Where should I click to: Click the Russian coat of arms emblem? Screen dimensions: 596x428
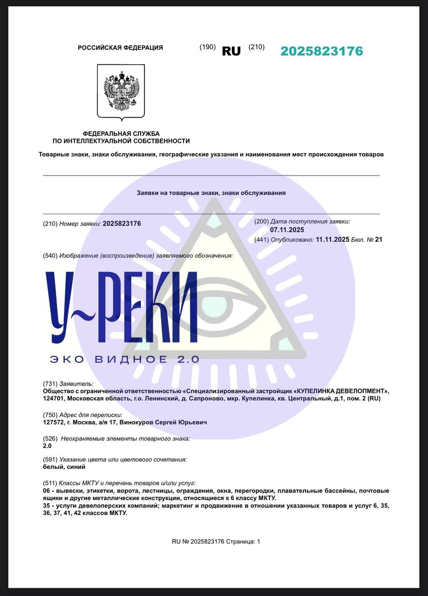click(x=121, y=90)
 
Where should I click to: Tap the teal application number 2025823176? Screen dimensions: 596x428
click(x=321, y=51)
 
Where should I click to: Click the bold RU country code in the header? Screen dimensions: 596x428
click(x=231, y=51)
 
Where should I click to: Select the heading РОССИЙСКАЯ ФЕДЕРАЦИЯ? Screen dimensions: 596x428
click(x=120, y=47)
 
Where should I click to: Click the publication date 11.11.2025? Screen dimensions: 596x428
click(x=333, y=239)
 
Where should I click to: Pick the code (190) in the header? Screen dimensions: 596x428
click(x=207, y=47)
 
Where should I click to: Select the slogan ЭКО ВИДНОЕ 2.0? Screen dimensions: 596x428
click(x=124, y=359)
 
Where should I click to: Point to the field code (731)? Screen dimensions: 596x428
click(x=50, y=384)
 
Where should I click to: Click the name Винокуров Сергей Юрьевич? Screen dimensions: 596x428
click(x=163, y=422)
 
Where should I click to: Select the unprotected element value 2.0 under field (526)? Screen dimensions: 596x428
click(x=47, y=446)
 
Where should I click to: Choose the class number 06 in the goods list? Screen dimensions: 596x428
click(x=46, y=491)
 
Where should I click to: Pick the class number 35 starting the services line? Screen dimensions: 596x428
click(x=46, y=506)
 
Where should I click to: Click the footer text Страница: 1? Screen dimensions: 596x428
click(x=243, y=542)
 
